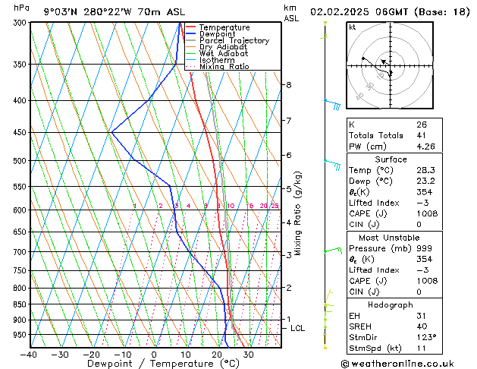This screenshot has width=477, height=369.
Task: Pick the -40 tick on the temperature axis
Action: [30, 354]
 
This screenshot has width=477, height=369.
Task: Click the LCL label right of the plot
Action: [297, 328]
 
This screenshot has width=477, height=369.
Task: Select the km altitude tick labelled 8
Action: [288, 85]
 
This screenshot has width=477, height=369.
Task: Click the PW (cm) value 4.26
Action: [425, 147]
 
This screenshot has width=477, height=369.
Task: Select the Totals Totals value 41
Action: [422, 135]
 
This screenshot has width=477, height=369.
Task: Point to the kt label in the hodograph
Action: [353, 27]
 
